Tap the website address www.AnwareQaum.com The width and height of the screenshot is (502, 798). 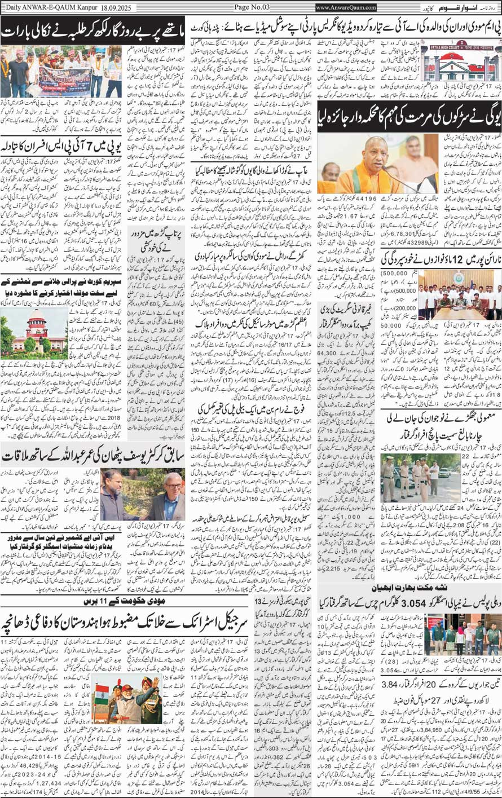coord(346,7)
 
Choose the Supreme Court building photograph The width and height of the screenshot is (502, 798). coord(25,329)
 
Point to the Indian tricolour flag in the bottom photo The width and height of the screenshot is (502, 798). coord(102,708)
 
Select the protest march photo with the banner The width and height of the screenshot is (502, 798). coord(61,72)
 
